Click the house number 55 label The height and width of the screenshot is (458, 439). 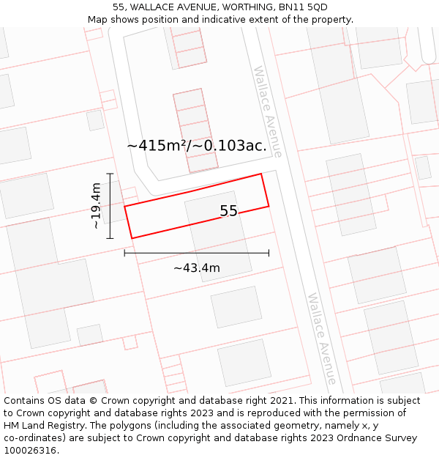[x=228, y=211]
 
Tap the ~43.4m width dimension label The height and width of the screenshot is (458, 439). [x=196, y=268]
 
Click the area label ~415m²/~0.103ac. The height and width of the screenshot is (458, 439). [x=197, y=146]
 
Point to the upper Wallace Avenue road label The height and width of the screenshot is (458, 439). [x=268, y=111]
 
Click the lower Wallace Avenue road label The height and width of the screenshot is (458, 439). [x=322, y=339]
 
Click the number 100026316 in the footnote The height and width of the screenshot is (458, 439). [x=31, y=451]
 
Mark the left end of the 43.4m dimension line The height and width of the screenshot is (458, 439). [x=124, y=253]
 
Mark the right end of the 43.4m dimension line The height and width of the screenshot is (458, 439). [x=269, y=253]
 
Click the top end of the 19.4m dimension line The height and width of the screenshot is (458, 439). [x=110, y=174]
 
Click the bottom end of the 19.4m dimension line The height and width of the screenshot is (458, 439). [x=110, y=238]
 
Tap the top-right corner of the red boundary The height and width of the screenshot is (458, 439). [x=261, y=174]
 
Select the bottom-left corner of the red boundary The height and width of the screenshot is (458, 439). [x=132, y=238]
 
